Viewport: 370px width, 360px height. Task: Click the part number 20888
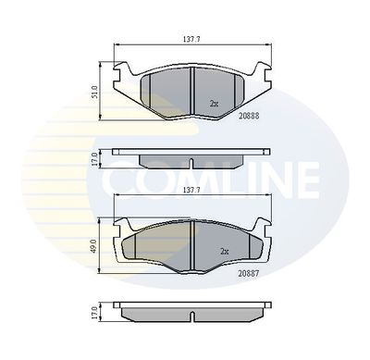click(249, 116)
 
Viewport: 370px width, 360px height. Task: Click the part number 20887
click(248, 273)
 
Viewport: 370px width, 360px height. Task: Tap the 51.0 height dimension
click(96, 92)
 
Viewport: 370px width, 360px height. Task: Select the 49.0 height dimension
click(94, 246)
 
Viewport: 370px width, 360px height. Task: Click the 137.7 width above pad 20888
click(191, 40)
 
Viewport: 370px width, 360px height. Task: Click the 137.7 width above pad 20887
click(191, 191)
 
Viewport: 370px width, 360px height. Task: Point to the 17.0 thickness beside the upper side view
click(95, 159)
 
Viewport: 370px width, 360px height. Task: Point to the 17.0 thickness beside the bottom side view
click(94, 312)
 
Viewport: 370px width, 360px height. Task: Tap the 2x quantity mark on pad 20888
click(214, 104)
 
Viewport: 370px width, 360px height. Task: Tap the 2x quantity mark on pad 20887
click(225, 252)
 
